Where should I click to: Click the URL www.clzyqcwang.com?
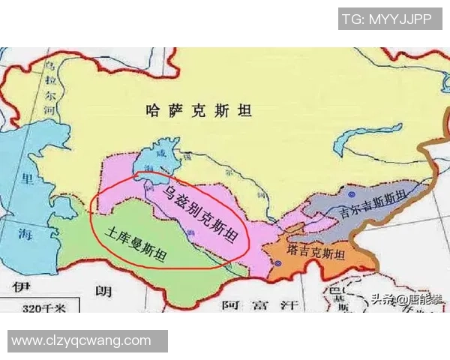pyautogui.click(x=82, y=340)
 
